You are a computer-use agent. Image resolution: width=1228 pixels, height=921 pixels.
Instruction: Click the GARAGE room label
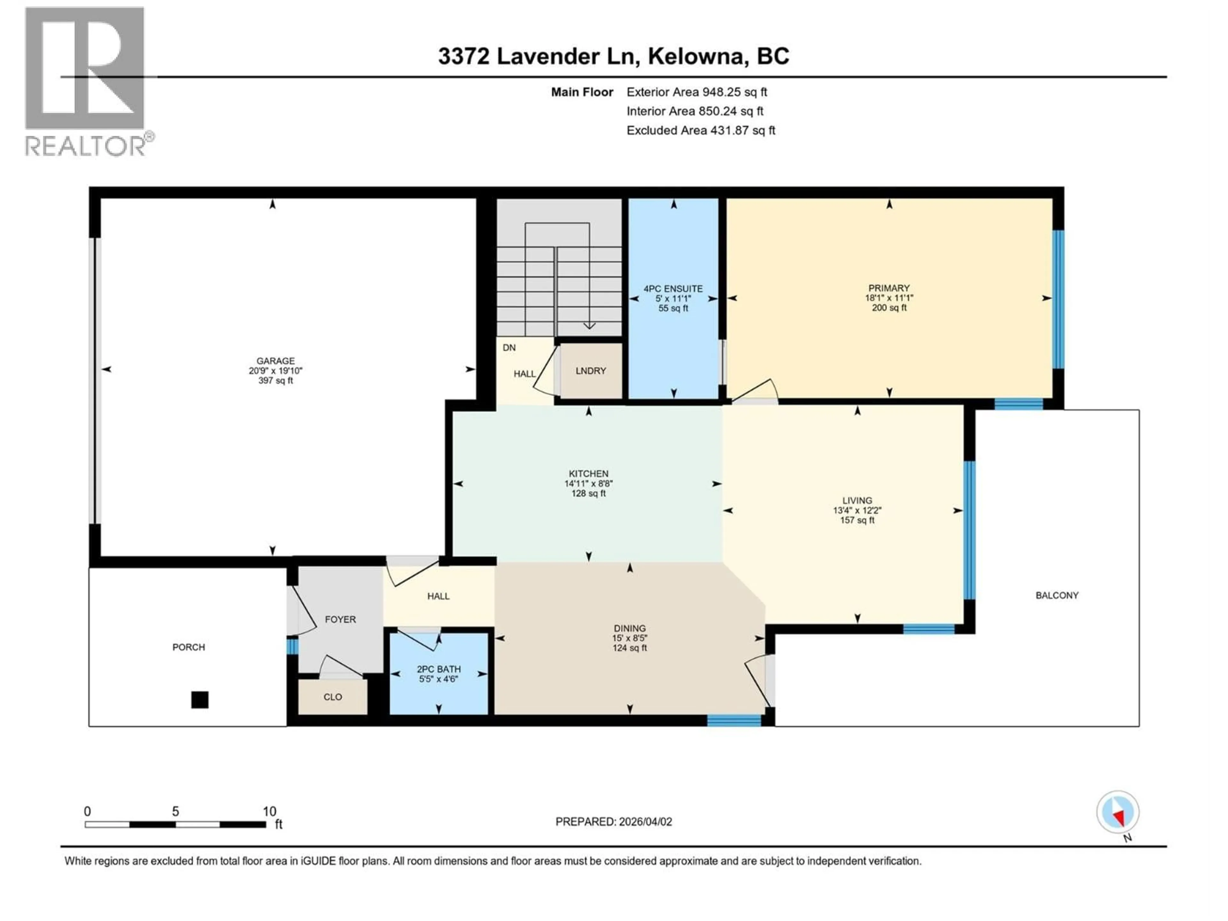click(x=275, y=361)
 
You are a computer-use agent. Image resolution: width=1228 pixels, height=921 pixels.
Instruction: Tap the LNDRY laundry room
click(x=590, y=371)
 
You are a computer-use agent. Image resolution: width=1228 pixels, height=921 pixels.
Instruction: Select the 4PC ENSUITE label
click(x=673, y=289)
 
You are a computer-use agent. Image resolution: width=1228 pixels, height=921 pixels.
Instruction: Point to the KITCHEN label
click(x=588, y=474)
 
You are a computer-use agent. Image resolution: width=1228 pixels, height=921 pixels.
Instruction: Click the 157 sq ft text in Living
click(x=857, y=520)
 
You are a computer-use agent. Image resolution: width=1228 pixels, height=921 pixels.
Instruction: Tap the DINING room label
click(x=630, y=628)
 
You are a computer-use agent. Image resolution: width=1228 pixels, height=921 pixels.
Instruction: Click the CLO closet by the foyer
click(x=333, y=697)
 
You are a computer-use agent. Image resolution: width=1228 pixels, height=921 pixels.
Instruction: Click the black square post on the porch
click(x=200, y=699)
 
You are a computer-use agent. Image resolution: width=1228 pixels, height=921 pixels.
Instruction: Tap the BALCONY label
click(x=1057, y=595)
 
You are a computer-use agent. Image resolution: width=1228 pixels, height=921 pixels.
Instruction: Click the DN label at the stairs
click(x=509, y=348)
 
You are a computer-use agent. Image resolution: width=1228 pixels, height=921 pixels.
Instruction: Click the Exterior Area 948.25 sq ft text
click(x=697, y=92)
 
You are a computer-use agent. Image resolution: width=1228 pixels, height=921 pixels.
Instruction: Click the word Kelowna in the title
click(x=696, y=56)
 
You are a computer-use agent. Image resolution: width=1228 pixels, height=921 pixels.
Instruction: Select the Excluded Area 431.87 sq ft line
click(x=701, y=130)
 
